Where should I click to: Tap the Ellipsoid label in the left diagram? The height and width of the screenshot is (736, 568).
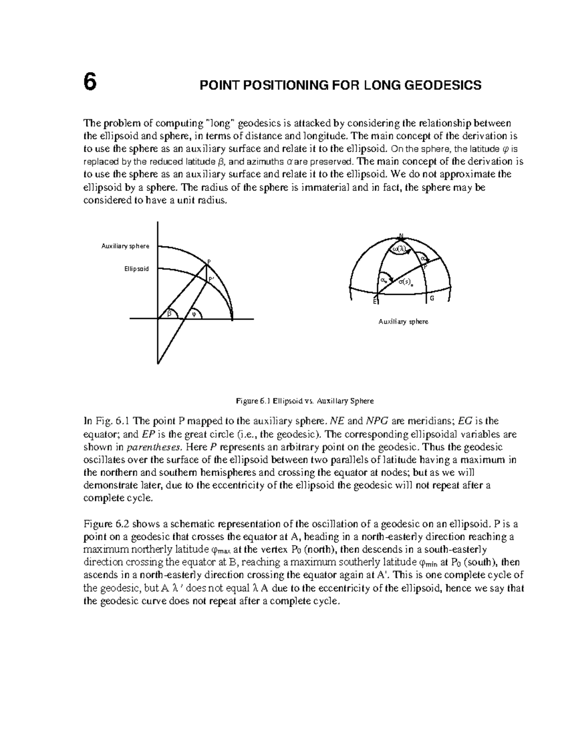click(x=136, y=269)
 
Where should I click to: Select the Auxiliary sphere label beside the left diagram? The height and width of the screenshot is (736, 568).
click(x=125, y=246)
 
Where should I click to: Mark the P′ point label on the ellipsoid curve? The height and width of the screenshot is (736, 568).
click(x=212, y=280)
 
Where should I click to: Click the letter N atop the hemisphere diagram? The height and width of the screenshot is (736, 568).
click(x=400, y=236)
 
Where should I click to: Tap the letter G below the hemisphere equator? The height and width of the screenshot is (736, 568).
click(x=432, y=299)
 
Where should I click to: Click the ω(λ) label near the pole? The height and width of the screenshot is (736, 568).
click(x=400, y=249)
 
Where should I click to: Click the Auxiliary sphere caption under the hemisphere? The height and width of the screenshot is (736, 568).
click(x=403, y=322)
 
